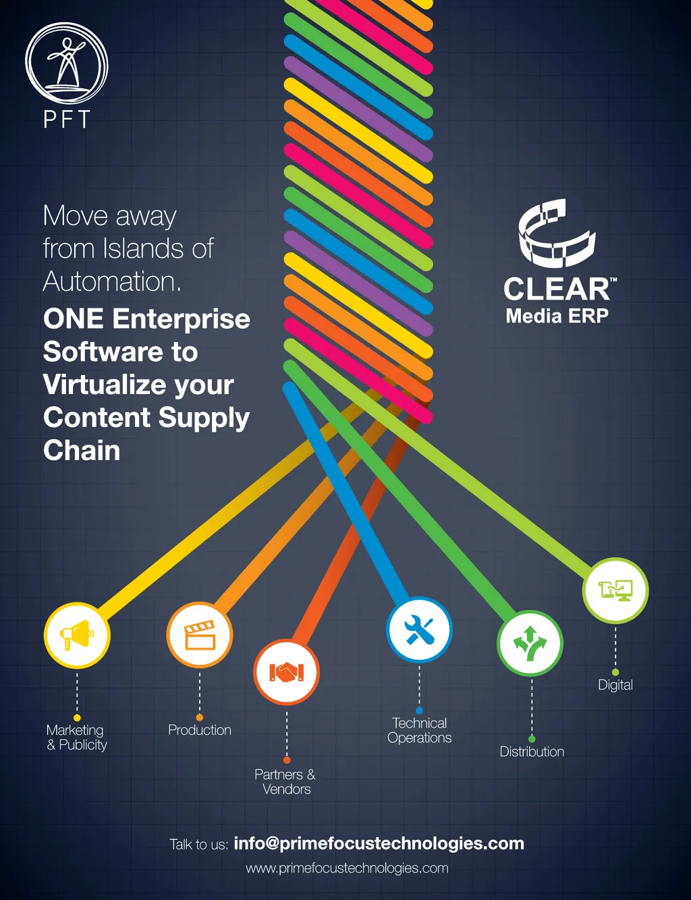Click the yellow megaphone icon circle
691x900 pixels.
(x=77, y=636)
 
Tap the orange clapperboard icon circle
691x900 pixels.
(x=200, y=635)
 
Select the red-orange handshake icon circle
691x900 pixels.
(x=287, y=672)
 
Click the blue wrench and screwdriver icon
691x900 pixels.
(x=419, y=630)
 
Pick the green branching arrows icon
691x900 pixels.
(x=530, y=644)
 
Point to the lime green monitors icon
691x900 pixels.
(x=615, y=590)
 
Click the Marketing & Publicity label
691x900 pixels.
(x=76, y=737)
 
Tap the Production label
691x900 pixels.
(x=200, y=730)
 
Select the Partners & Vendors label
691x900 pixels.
(x=285, y=782)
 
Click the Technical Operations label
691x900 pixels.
(x=420, y=731)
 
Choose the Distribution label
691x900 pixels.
(x=532, y=752)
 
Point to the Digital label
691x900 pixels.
(x=615, y=685)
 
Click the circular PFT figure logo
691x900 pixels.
(x=67, y=63)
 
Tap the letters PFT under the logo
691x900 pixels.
(x=67, y=119)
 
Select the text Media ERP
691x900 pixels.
(x=557, y=316)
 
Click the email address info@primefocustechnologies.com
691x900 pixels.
(x=379, y=843)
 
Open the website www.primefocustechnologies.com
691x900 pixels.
(x=347, y=868)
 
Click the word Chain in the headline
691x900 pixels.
(x=82, y=450)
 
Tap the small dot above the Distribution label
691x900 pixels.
(x=532, y=739)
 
